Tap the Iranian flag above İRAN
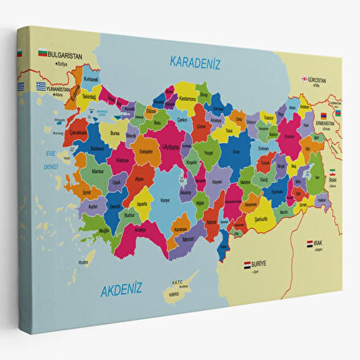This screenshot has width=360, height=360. click(337, 174)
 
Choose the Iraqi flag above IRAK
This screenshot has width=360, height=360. click(311, 242)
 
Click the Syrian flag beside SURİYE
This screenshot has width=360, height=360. click(247, 263)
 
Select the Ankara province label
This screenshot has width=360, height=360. click(170, 146)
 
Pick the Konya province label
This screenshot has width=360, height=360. click(166, 200)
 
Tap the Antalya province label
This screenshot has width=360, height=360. click(141, 231)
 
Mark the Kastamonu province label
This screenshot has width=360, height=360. click(187, 97)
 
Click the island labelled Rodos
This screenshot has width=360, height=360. click(84, 262)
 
